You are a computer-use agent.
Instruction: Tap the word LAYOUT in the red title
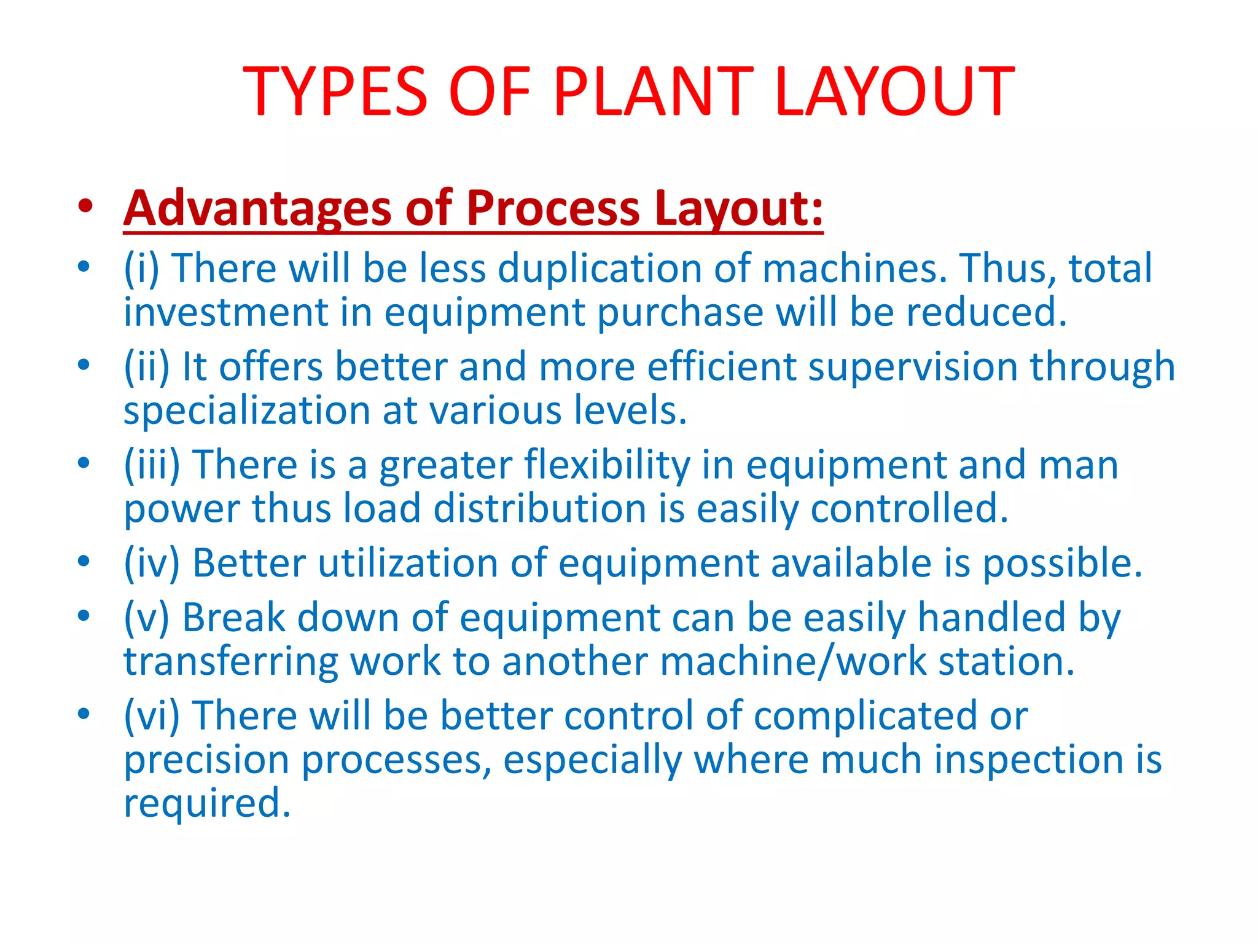[x=894, y=92]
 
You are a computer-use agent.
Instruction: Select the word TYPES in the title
[x=335, y=92]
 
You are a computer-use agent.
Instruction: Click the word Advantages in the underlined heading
[x=257, y=208]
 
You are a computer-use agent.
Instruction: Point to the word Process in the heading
[x=553, y=208]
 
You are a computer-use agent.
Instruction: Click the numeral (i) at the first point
[x=142, y=269]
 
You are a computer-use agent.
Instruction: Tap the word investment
[x=226, y=312]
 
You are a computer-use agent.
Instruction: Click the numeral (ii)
[x=146, y=367]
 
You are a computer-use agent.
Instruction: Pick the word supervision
[x=912, y=367]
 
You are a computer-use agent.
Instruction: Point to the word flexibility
[x=608, y=465]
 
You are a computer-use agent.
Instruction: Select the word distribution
[x=540, y=509]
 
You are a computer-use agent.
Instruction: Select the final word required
[x=206, y=803]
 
